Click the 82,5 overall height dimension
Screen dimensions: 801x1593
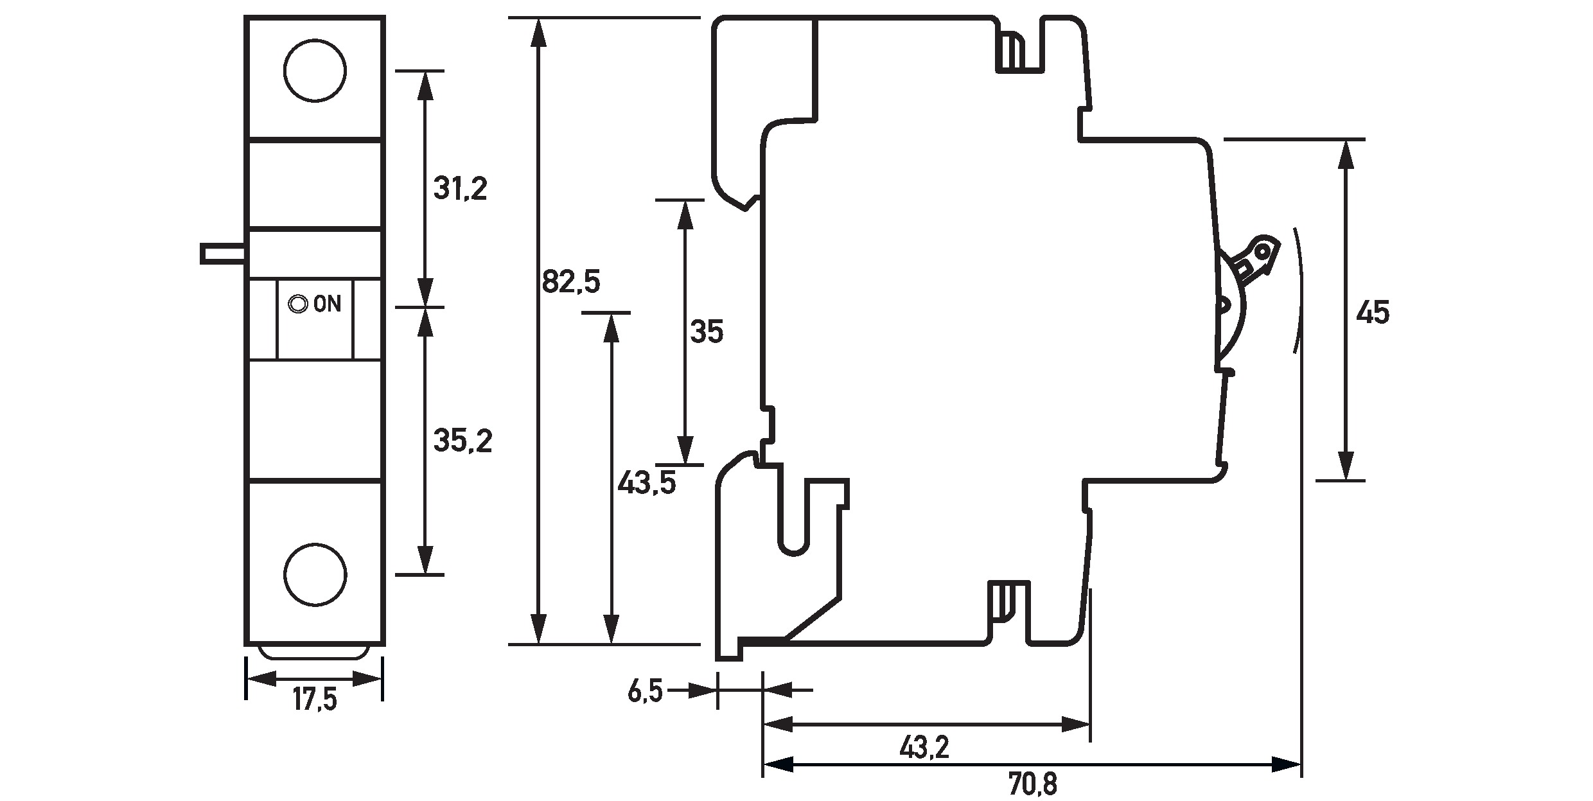click(x=570, y=282)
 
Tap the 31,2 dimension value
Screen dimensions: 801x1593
click(x=460, y=189)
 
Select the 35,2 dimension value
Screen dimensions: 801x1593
click(x=462, y=441)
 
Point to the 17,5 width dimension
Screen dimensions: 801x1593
click(x=315, y=700)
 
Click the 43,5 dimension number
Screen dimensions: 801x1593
click(x=646, y=482)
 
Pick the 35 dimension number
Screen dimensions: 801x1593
click(x=706, y=332)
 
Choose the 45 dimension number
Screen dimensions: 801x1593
click(x=1372, y=313)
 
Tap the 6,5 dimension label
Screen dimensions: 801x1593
click(x=644, y=692)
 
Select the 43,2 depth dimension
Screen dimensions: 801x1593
click(x=924, y=747)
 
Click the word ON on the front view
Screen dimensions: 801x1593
click(x=327, y=304)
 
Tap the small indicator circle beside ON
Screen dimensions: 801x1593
click(x=297, y=304)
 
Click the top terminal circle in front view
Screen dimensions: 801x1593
click(x=315, y=70)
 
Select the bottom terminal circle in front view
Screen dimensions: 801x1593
click(x=315, y=574)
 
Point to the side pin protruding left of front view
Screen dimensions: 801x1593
click(x=222, y=253)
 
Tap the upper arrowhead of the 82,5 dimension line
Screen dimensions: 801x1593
click(x=538, y=32)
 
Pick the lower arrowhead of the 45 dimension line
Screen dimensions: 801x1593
click(x=1345, y=465)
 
